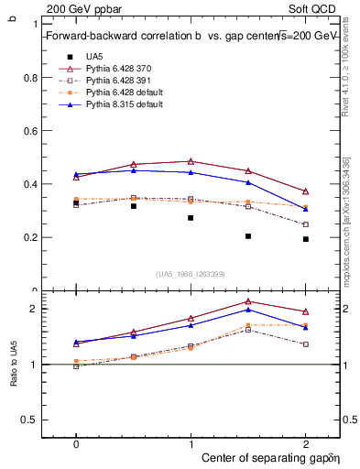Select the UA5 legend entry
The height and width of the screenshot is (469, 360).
coord(94,57)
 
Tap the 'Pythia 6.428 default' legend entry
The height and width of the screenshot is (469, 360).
coord(123,93)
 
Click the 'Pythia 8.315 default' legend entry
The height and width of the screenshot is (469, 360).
coord(123,105)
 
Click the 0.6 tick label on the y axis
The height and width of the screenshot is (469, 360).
coord(30,131)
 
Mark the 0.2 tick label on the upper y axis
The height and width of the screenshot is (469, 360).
coord(30,237)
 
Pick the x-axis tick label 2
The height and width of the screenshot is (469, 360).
coord(306,442)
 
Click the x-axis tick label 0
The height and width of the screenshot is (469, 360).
coord(76,442)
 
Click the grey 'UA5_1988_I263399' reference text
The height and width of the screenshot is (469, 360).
coord(191,274)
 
